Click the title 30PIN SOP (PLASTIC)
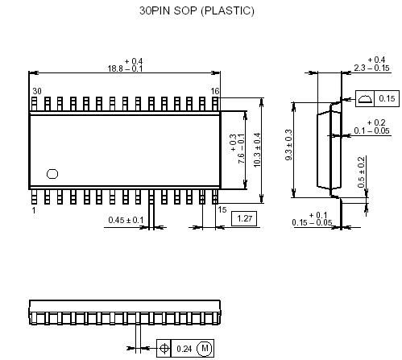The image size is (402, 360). click(197, 11)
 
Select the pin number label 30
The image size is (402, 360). click(36, 91)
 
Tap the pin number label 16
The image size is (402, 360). click(215, 91)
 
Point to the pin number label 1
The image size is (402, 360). click(34, 209)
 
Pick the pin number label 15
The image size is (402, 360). click(223, 209)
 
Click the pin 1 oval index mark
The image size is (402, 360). click(53, 173)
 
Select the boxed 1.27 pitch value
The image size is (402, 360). click(244, 217)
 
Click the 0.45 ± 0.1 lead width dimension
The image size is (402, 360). click(126, 220)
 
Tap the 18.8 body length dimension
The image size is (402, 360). click(124, 69)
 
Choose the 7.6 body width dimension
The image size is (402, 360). click(238, 150)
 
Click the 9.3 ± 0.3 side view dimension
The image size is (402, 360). click(288, 151)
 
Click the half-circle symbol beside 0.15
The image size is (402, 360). click(365, 98)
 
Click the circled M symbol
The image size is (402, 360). click(205, 349)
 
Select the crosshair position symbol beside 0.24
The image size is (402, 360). click(165, 349)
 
